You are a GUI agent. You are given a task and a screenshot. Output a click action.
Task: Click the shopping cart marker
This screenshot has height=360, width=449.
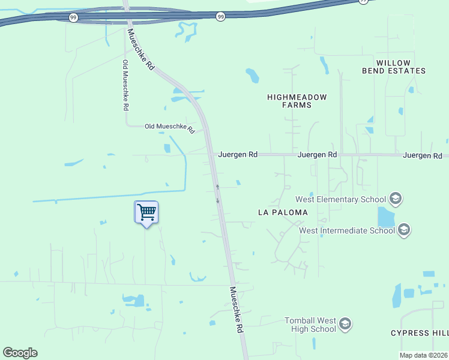(146, 212)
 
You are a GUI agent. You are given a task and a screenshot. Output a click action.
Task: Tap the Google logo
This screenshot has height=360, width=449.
(20, 353)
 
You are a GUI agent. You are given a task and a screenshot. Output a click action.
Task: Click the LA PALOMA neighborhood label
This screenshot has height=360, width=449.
(282, 212)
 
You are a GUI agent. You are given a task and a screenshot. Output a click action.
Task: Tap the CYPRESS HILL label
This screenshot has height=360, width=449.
(419, 333)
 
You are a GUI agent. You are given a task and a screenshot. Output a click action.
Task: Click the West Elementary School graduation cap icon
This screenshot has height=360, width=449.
(395, 198)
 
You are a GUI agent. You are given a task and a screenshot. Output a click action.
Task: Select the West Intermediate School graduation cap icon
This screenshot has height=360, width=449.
(404, 229)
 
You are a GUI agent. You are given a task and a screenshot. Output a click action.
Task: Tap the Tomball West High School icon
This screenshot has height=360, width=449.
(345, 325)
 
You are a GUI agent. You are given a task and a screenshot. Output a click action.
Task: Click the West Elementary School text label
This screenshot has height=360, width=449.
(340, 199)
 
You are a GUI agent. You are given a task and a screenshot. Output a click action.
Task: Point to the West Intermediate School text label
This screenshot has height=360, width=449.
(346, 230)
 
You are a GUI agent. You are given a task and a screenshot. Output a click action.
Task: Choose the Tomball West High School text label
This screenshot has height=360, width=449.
(310, 325)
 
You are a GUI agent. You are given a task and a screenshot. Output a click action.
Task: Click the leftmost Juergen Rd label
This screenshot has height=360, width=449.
(238, 154)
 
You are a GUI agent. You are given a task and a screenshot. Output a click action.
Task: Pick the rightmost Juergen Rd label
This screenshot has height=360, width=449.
(423, 155)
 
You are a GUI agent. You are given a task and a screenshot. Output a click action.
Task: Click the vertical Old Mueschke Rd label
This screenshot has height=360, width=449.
(125, 85)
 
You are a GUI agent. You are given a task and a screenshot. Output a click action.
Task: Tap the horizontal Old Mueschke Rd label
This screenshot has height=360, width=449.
(170, 127)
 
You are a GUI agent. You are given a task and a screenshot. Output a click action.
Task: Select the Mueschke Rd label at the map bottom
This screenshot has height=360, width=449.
(237, 310)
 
